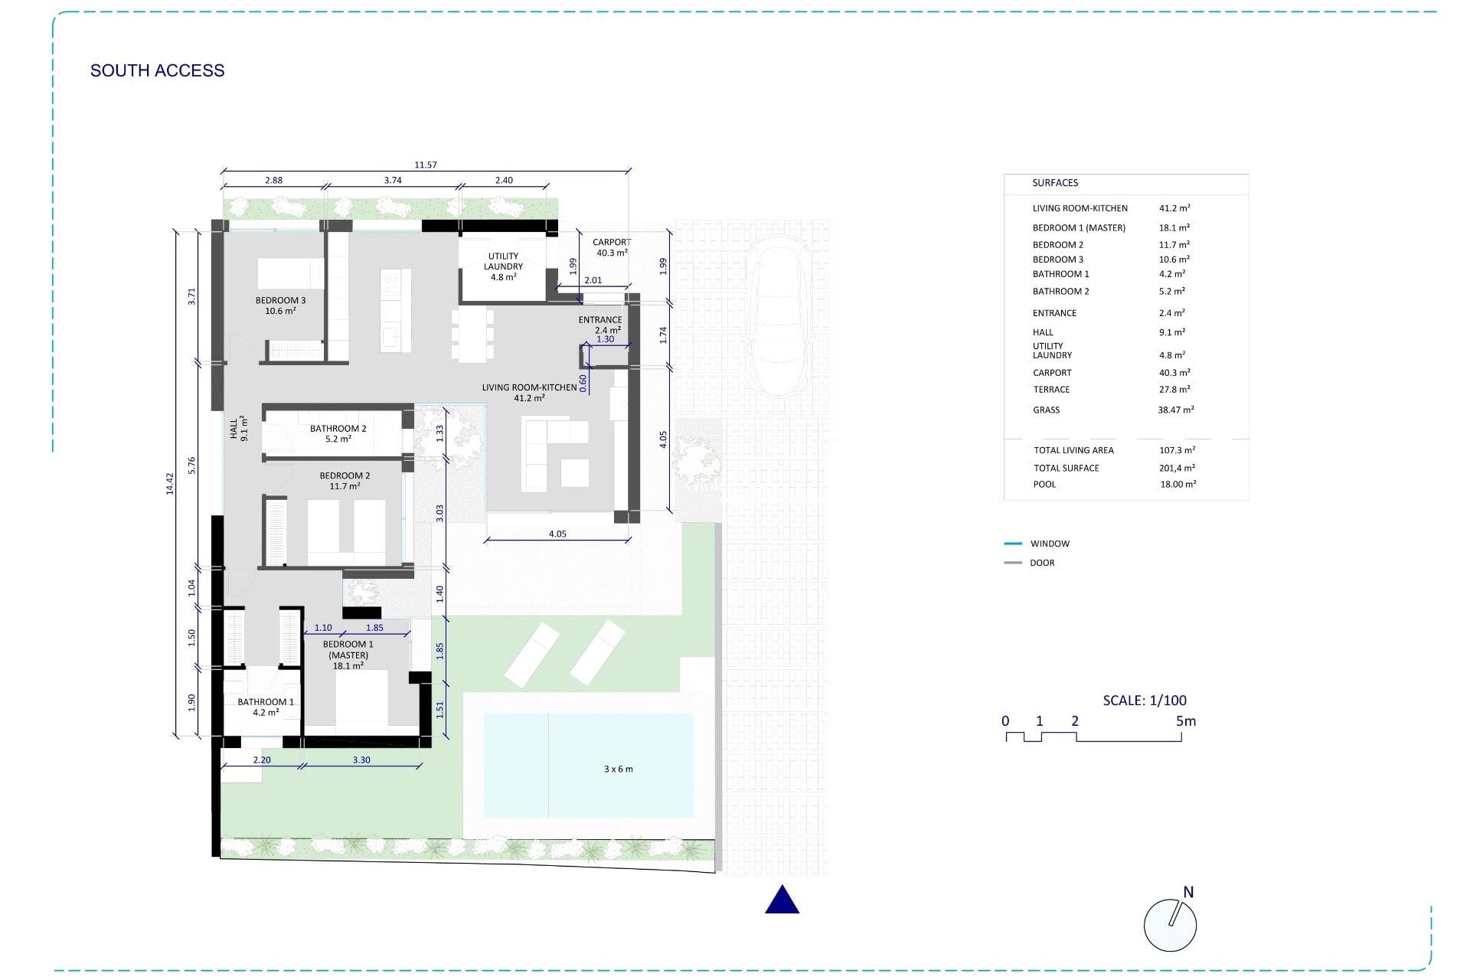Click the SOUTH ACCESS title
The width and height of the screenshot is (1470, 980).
click(x=157, y=70)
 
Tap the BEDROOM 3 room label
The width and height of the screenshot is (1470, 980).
click(x=280, y=301)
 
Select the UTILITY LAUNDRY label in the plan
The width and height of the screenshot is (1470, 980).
click(x=503, y=261)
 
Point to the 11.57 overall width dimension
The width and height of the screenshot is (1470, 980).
click(x=425, y=165)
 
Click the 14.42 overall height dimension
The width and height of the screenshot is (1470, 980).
click(x=170, y=483)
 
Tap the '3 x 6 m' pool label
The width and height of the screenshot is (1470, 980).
click(x=618, y=769)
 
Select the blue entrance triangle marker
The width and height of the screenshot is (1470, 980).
click(x=782, y=901)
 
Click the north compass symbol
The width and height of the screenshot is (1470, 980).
click(x=1170, y=923)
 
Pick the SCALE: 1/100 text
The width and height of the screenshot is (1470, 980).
click(x=1144, y=701)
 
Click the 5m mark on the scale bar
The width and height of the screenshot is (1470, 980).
click(x=1185, y=721)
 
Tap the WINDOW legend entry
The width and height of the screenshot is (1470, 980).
click(x=1049, y=544)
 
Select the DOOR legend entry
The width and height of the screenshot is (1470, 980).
click(x=1041, y=563)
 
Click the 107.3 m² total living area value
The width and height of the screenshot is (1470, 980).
click(x=1177, y=450)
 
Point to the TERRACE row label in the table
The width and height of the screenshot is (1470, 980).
click(x=1051, y=390)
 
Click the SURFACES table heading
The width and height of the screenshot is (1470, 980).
click(x=1054, y=183)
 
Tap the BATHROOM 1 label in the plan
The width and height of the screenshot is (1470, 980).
click(x=265, y=702)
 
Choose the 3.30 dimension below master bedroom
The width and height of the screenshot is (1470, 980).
click(x=361, y=760)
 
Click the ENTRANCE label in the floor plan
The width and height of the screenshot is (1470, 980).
click(x=599, y=320)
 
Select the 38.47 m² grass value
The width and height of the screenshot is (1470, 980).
click(x=1175, y=410)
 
